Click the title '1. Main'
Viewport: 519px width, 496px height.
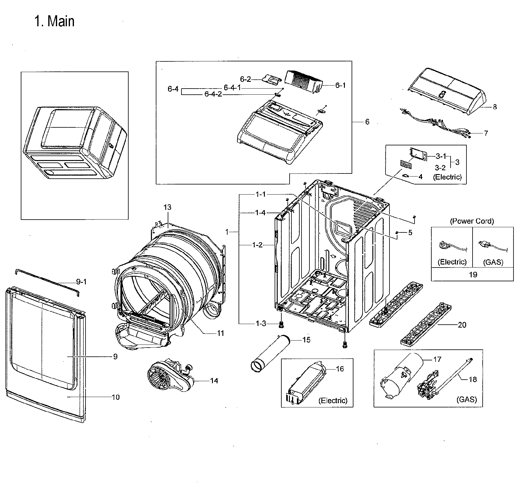[x=54, y=22]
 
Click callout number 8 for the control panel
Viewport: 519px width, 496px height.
[x=495, y=107]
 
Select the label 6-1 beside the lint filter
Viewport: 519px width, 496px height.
[x=340, y=86]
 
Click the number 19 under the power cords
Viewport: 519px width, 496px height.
[x=473, y=275]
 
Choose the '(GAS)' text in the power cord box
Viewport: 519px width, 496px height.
[x=493, y=262]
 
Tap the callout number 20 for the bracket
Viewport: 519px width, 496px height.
[x=462, y=325]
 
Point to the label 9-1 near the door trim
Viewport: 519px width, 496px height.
[x=81, y=282]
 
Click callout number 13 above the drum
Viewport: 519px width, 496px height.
[x=167, y=207]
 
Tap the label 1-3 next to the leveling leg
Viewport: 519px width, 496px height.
[x=261, y=323]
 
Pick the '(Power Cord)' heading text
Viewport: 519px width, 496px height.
[x=472, y=221]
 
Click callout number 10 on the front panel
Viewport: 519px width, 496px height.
[x=115, y=397]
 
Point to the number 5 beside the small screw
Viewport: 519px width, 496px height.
[x=410, y=233]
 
